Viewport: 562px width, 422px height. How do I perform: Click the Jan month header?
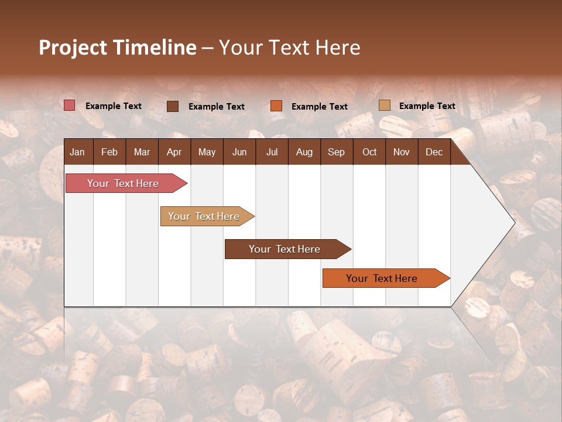(x=77, y=152)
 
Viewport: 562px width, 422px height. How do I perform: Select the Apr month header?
(x=174, y=152)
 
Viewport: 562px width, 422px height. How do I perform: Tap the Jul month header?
(x=272, y=152)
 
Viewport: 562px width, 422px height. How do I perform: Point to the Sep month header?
(x=336, y=152)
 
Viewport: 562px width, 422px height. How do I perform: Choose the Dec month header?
(x=434, y=152)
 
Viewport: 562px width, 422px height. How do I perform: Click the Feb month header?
(x=109, y=152)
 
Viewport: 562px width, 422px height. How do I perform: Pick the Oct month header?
(x=369, y=152)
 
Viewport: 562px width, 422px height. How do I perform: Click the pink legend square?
(x=69, y=105)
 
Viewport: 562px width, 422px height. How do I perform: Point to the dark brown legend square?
(x=173, y=106)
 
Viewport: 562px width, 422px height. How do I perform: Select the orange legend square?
(x=276, y=106)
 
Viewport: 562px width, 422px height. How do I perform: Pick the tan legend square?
(x=384, y=105)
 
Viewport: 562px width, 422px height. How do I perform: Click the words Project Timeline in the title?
(x=118, y=47)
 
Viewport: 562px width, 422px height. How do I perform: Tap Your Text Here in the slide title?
(x=289, y=47)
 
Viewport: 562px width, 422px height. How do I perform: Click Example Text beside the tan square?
(x=427, y=106)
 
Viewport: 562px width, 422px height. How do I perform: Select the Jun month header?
(x=239, y=152)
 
